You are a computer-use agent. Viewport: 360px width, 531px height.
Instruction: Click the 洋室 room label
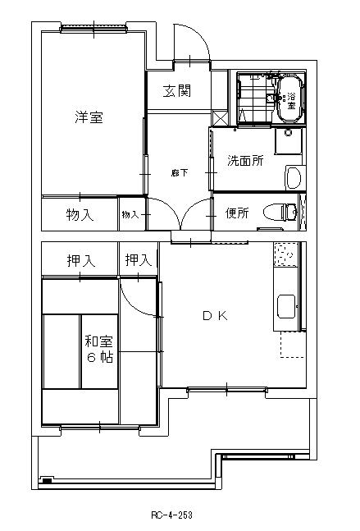(x=89, y=117)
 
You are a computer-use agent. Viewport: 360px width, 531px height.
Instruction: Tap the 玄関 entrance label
(x=177, y=91)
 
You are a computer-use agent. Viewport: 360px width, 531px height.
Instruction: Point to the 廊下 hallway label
(x=180, y=173)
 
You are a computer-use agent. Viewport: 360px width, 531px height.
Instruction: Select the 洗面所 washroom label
(x=245, y=160)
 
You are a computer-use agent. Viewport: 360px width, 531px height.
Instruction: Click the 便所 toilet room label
(x=237, y=213)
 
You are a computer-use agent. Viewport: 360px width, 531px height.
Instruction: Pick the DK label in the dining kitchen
(x=215, y=316)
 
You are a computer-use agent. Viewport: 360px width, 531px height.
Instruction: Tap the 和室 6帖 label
(x=98, y=349)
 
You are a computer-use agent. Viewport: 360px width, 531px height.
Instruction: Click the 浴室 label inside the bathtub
(x=291, y=101)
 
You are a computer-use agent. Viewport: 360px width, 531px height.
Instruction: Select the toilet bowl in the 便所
(x=280, y=212)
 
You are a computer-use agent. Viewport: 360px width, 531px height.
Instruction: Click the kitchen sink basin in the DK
(x=286, y=306)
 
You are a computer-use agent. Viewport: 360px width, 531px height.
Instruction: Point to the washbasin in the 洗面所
(x=293, y=177)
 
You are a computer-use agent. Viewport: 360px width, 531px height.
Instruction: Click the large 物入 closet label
(x=80, y=214)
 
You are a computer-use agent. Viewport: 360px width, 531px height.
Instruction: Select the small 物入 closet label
(x=130, y=214)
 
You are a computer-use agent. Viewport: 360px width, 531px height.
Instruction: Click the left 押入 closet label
(x=81, y=260)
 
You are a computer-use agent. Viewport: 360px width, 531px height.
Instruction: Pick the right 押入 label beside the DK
(x=139, y=259)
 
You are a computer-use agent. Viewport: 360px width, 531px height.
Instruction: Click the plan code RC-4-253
(x=171, y=515)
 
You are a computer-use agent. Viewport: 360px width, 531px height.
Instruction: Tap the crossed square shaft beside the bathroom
(x=221, y=118)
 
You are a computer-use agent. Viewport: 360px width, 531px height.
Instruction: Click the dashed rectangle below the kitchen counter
(x=293, y=345)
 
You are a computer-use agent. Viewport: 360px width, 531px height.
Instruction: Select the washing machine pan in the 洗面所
(x=289, y=141)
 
